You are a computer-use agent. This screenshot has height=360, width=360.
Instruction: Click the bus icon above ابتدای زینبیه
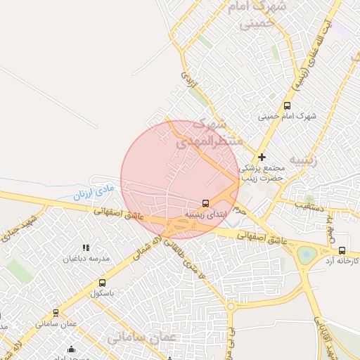[205, 202]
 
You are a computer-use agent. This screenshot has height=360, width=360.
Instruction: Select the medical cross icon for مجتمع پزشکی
[262, 157]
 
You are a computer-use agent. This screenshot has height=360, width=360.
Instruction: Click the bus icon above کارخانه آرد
[342, 250]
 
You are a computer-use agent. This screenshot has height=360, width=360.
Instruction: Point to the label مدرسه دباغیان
[86, 258]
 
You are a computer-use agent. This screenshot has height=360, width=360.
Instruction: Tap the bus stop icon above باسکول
[102, 283]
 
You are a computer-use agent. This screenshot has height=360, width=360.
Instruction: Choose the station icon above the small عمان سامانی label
[56, 313]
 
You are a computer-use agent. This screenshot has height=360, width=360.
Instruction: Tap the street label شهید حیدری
[18, 229]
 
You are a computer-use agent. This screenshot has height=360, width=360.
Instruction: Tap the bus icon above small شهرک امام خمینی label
[286, 105]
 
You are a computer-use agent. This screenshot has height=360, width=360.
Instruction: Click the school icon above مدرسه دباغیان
[86, 247]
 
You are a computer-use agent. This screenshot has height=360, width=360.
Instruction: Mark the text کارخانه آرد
[342, 261]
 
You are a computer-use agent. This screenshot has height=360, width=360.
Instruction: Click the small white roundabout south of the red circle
[231, 306]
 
